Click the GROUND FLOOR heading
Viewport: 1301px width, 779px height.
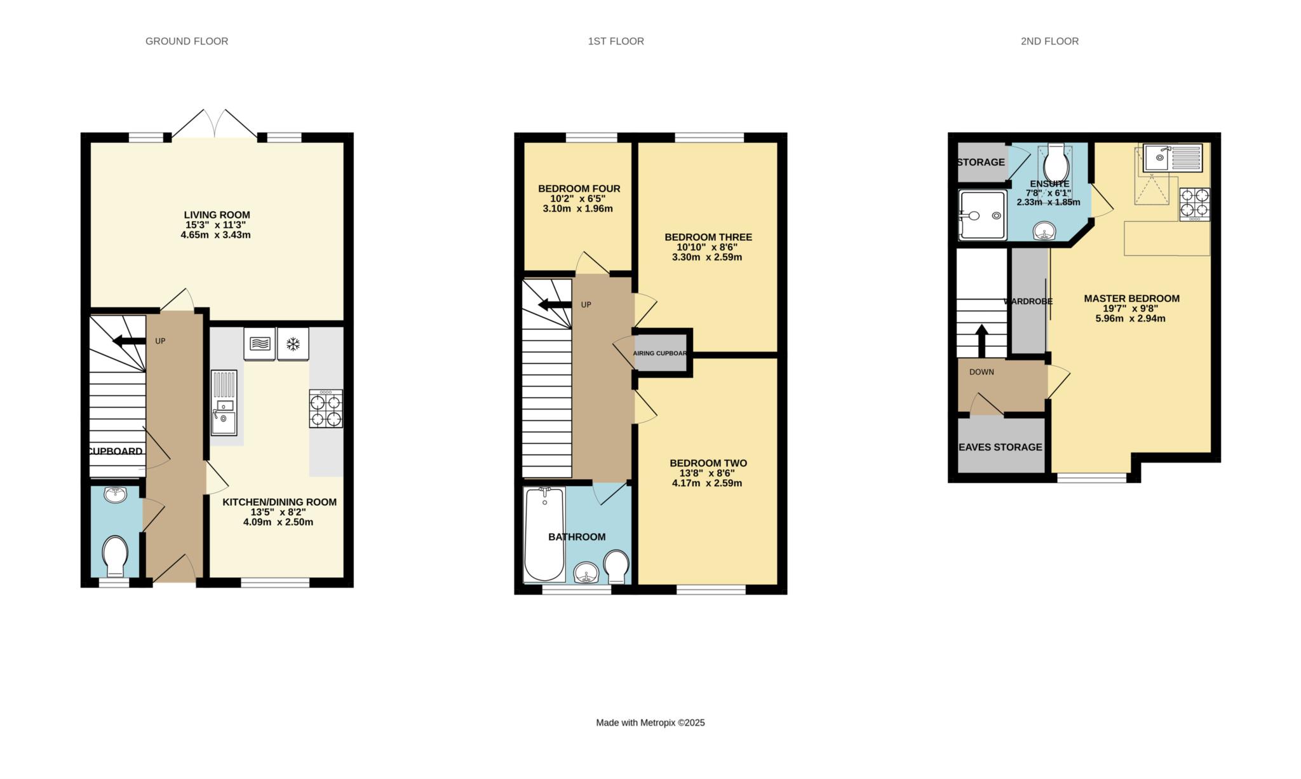point(187,41)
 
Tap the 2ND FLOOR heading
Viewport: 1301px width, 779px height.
point(1049,41)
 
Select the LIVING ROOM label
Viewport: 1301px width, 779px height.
point(217,215)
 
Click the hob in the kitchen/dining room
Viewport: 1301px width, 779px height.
point(326,409)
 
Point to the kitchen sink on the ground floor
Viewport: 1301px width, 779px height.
point(224,403)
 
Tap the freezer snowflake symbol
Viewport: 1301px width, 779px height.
point(293,344)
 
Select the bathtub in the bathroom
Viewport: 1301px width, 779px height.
point(544,534)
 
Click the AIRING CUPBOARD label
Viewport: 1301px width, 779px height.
point(660,353)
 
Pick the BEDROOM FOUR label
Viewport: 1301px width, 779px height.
point(579,189)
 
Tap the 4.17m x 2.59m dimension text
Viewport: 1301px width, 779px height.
point(707,483)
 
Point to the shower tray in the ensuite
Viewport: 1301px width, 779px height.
point(983,215)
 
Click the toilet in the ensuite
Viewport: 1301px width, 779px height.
point(1056,163)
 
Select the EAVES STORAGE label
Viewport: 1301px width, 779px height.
point(1001,447)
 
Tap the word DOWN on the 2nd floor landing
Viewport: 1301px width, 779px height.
point(981,372)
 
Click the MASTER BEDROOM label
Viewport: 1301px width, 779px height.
point(1131,299)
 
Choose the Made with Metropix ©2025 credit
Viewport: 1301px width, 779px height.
point(650,722)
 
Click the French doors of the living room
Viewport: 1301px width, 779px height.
point(215,124)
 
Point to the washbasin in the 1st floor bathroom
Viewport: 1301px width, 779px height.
point(587,573)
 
